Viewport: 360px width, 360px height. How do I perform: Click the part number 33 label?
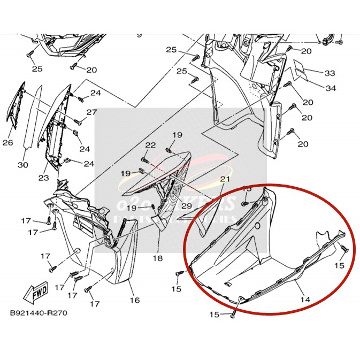click(x=330, y=72)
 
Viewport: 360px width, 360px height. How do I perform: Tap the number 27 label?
click(x=91, y=112)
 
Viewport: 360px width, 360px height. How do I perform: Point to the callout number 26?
click(x=7, y=143)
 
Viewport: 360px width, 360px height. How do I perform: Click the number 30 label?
click(x=22, y=165)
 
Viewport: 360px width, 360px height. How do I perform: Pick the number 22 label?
click(x=150, y=145)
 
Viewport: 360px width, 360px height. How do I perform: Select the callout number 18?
click(x=157, y=258)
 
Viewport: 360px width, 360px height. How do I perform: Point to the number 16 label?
click(x=134, y=300)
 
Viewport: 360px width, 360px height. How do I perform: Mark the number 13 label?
click(x=247, y=189)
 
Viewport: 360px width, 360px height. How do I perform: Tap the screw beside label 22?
click(x=145, y=159)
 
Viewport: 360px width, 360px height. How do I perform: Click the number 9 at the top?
click(x=139, y=35)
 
